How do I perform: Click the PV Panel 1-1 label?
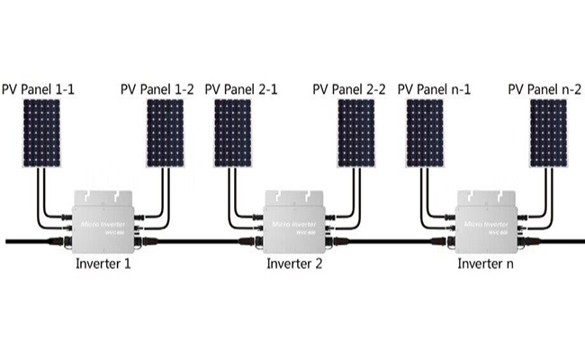click(41, 89)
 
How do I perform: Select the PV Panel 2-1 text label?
click(241, 89)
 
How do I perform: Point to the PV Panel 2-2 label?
click(350, 89)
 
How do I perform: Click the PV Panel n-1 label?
click(434, 89)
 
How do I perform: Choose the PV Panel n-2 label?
click(544, 89)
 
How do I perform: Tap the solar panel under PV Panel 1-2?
click(166, 133)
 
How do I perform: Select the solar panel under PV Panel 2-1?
click(232, 133)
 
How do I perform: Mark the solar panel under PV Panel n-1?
click(425, 133)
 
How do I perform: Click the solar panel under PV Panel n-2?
click(548, 133)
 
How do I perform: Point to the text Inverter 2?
click(294, 264)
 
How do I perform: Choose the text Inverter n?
click(486, 264)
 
